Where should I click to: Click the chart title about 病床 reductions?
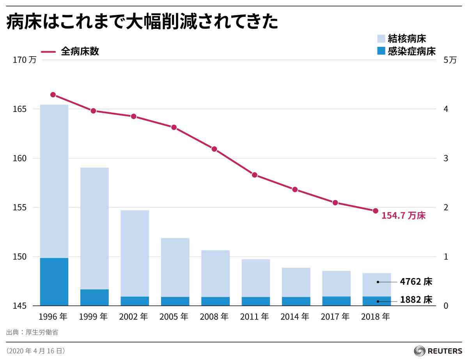point(142,22)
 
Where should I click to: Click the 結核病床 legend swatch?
point(381,39)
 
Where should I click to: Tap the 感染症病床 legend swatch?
point(381,51)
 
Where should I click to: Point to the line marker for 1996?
point(53,95)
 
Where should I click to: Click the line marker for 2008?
point(214,149)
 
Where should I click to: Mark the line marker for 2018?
point(376,211)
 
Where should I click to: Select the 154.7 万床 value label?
point(403,216)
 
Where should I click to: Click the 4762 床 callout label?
point(416,282)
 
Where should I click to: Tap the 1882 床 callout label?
point(416,300)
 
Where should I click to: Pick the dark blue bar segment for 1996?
point(54,282)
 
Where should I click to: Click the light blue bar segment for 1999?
point(94,228)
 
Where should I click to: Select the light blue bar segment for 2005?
point(175,267)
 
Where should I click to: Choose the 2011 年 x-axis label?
point(255,317)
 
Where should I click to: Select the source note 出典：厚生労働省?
point(32,332)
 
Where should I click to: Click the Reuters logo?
point(438,350)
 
